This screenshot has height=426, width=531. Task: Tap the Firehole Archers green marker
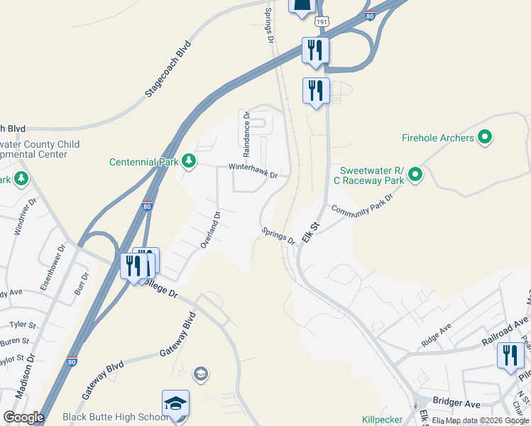(x=486, y=137)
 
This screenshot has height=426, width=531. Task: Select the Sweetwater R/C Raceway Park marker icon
(x=416, y=173)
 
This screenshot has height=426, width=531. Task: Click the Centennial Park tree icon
(x=189, y=161)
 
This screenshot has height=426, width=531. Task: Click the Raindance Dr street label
(x=246, y=133)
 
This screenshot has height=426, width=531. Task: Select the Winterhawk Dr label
(x=251, y=170)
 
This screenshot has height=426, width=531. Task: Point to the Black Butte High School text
(x=114, y=417)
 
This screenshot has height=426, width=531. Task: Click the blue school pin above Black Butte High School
(x=175, y=405)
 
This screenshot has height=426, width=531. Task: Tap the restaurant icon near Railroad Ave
(x=510, y=356)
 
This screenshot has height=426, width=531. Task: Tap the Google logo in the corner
(x=24, y=417)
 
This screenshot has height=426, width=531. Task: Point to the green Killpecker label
(x=382, y=420)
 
